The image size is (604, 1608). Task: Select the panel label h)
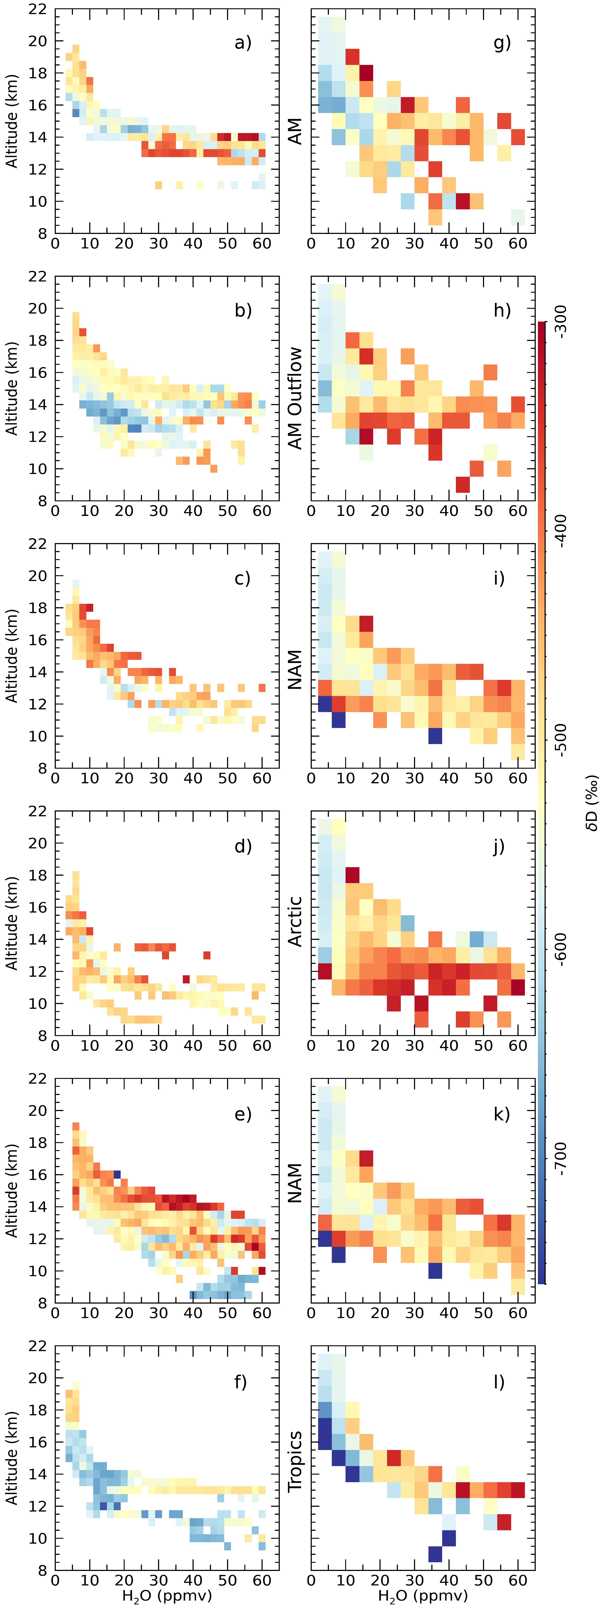pyautogui.click(x=502, y=310)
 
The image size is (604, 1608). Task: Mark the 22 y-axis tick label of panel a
pyautogui.click(x=37, y=9)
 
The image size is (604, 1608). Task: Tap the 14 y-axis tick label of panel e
pyautogui.click(x=37, y=1206)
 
